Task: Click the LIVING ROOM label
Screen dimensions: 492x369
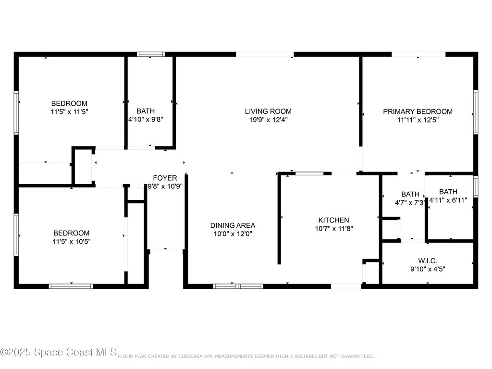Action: (x=268, y=111)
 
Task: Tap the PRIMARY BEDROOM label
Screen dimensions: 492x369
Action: (x=418, y=111)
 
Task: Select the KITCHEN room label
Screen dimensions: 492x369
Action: (x=333, y=220)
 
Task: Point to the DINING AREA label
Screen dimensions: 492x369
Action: (x=233, y=226)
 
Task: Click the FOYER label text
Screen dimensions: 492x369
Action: (x=165, y=178)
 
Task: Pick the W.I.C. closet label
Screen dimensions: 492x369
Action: (x=428, y=261)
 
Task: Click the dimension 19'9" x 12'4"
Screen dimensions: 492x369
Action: (x=268, y=120)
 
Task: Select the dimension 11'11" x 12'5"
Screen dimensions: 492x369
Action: (x=418, y=120)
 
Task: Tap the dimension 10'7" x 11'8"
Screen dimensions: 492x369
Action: (x=334, y=229)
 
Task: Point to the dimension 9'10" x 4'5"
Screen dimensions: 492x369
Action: (x=428, y=269)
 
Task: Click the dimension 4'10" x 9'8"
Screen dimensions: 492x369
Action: (x=146, y=120)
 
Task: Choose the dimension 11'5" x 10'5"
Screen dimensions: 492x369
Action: (x=72, y=242)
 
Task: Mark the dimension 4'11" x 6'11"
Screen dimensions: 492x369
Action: (x=448, y=200)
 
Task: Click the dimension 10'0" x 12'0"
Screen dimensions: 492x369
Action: (x=233, y=234)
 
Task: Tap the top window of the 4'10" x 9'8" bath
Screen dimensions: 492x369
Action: (x=150, y=54)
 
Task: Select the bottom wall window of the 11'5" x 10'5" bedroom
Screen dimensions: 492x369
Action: (x=71, y=286)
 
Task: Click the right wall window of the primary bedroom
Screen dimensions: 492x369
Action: (x=476, y=112)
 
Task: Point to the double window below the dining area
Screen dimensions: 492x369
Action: (x=238, y=286)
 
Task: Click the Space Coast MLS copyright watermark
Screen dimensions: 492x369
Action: (x=58, y=352)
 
